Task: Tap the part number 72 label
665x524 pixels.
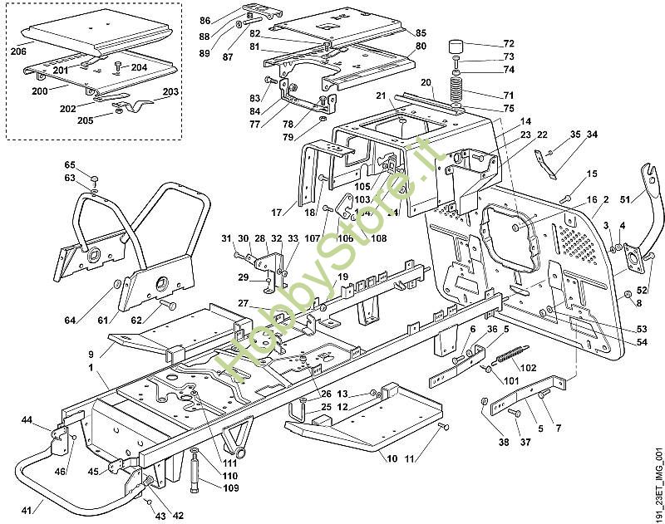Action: point(509,43)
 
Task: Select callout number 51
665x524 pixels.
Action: point(626,198)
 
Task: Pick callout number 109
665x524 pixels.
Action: point(230,487)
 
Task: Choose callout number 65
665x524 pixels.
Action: point(70,164)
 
